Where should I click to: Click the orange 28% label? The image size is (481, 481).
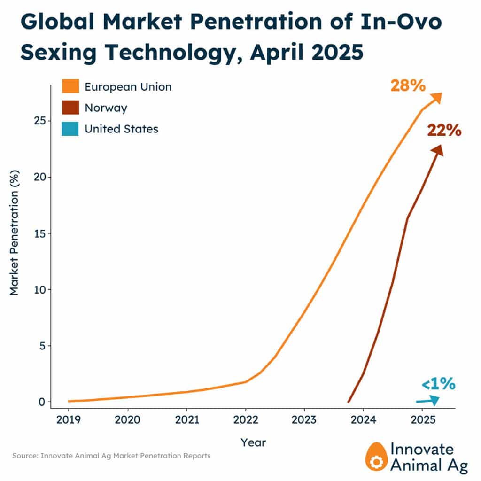point(408,86)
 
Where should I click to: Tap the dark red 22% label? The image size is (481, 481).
point(444,130)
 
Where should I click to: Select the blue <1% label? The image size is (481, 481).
point(438,384)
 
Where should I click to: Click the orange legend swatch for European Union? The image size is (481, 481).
point(70,87)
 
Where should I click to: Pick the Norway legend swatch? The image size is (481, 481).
point(70,108)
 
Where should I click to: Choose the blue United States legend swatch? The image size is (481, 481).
point(70,129)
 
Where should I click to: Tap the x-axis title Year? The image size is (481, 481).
point(253,442)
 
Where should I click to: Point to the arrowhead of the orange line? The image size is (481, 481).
point(436,97)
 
